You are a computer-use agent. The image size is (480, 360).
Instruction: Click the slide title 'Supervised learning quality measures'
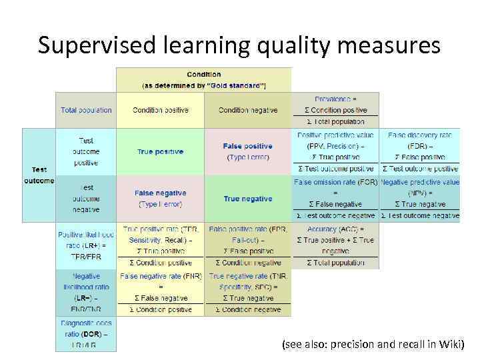pyautogui.click(x=239, y=45)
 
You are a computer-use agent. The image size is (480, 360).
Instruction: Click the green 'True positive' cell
pyautogui.click(x=160, y=152)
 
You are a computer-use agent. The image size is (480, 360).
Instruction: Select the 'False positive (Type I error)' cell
pyautogui.click(x=248, y=151)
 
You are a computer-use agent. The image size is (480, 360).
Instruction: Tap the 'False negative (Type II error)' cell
pyautogui.click(x=160, y=199)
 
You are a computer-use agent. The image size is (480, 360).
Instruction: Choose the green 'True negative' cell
pyautogui.click(x=248, y=199)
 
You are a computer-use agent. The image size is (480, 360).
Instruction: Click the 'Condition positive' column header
pyautogui.click(x=160, y=110)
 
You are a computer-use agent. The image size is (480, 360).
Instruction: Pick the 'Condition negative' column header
pyautogui.click(x=248, y=110)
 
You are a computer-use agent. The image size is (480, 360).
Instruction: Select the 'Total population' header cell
pyautogui.click(x=86, y=110)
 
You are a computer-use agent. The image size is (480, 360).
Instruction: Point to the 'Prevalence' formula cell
pyautogui.click(x=335, y=110)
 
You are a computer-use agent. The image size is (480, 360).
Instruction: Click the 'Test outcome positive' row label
pyautogui.click(x=86, y=152)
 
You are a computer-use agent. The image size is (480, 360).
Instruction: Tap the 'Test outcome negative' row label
pyautogui.click(x=86, y=199)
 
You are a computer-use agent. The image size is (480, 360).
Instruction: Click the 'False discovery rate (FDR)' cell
pyautogui.click(x=420, y=152)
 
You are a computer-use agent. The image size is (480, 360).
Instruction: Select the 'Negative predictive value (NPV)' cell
pyautogui.click(x=420, y=199)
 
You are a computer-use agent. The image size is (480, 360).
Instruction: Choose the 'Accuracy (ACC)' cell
pyautogui.click(x=335, y=245)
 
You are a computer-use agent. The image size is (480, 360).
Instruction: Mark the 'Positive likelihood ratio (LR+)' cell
pyautogui.click(x=86, y=245)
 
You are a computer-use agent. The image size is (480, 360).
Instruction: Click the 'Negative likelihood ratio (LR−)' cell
pyautogui.click(x=86, y=292)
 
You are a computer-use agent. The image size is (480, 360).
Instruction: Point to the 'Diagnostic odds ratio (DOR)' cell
pyautogui.click(x=86, y=333)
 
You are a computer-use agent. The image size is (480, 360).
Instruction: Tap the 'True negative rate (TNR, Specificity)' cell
pyautogui.click(x=248, y=292)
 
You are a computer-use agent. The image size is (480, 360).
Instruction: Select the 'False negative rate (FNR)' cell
pyautogui.click(x=160, y=292)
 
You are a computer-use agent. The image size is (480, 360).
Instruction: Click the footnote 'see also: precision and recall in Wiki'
pyautogui.click(x=373, y=345)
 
